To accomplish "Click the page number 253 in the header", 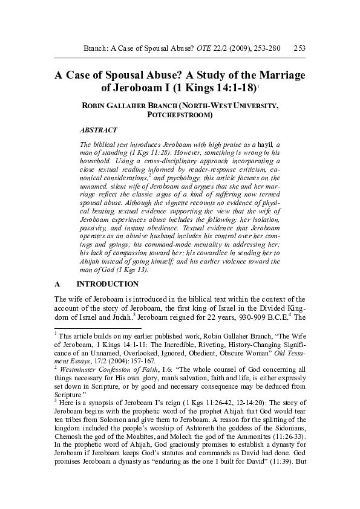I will point(298,48).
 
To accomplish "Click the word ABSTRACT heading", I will point(99,130).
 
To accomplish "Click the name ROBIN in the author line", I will point(96,106).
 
